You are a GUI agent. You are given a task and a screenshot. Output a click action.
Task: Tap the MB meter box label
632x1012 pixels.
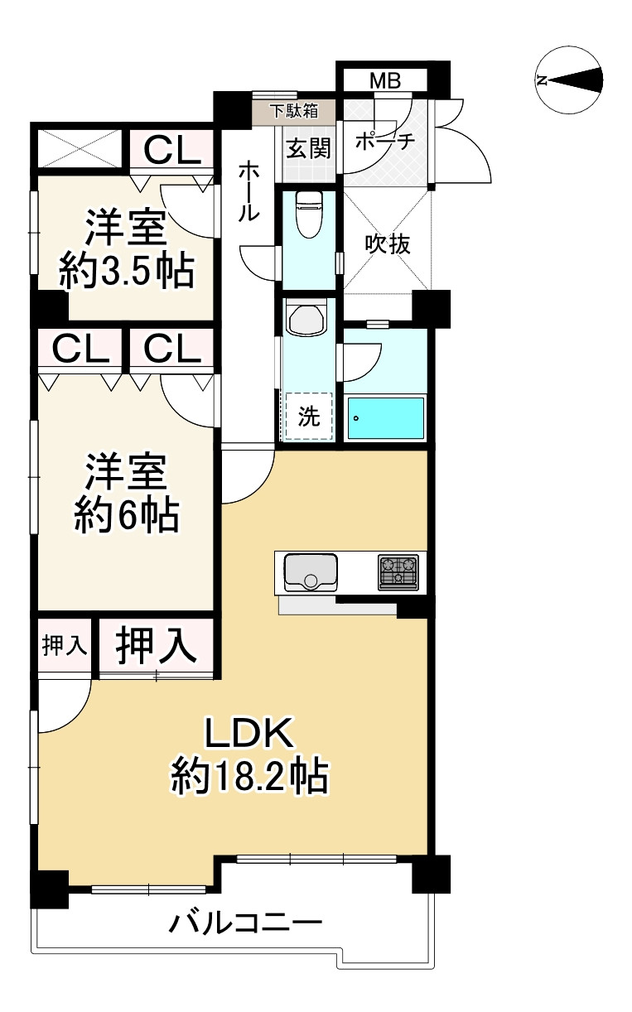point(384,81)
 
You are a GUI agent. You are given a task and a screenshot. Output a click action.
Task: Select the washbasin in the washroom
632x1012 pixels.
point(307,319)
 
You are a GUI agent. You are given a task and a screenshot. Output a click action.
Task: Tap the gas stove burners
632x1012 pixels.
point(398,571)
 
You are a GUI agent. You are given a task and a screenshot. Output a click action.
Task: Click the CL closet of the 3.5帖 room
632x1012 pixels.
point(172,151)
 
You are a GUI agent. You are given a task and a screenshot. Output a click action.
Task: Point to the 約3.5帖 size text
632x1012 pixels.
point(127,270)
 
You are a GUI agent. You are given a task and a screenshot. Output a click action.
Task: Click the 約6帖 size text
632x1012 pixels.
point(127,516)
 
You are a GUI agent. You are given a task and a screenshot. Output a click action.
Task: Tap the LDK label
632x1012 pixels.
point(248,734)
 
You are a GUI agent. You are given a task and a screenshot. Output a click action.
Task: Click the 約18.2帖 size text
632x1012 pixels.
point(248,778)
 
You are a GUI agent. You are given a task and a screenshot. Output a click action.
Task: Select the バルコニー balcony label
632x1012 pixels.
point(245,922)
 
